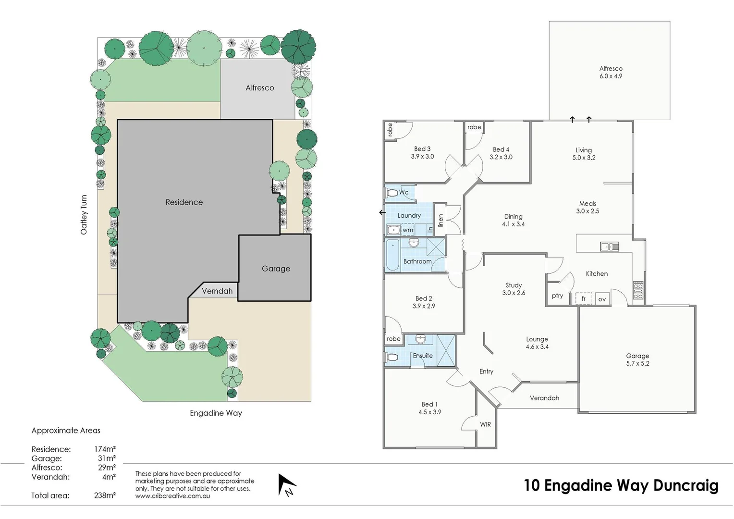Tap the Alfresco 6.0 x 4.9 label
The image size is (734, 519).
click(611, 73)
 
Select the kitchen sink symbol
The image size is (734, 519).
click(609, 247)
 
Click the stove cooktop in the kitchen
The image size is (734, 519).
click(638, 290)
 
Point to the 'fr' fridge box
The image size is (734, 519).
click(584, 298)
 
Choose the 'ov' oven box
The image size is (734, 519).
click(602, 299)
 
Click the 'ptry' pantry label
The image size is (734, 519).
click(557, 296)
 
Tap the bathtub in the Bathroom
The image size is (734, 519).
click(392, 255)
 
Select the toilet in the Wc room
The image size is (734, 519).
click(391, 193)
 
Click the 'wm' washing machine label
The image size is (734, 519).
click(408, 230)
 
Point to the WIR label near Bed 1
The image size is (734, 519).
click(485, 424)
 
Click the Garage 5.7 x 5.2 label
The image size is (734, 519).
click(637, 359)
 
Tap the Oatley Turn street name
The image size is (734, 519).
click(84, 215)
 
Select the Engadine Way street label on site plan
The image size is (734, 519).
click(216, 413)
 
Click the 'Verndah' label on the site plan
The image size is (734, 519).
click(217, 291)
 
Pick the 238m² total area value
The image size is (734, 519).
click(105, 495)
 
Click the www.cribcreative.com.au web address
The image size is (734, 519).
click(172, 496)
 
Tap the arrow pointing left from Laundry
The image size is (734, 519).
click(382, 212)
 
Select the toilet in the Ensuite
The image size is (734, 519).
click(391, 358)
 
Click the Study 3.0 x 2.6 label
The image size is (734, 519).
click(514, 289)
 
